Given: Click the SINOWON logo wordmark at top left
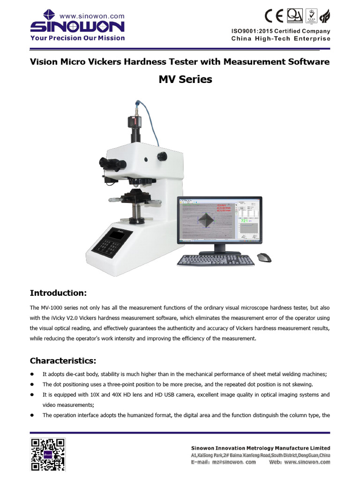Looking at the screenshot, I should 77,26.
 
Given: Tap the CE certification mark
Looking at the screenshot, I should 274,17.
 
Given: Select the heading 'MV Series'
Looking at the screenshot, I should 185,80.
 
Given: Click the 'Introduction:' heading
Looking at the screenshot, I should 59,293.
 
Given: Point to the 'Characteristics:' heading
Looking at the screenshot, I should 63,360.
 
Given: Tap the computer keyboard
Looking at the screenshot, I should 216,260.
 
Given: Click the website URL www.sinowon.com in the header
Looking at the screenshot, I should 98,15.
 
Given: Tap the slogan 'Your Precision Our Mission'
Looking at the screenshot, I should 77,38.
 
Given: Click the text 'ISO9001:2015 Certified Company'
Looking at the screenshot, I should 280,31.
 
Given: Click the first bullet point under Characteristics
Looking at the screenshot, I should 33,374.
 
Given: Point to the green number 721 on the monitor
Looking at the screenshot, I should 244,220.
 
